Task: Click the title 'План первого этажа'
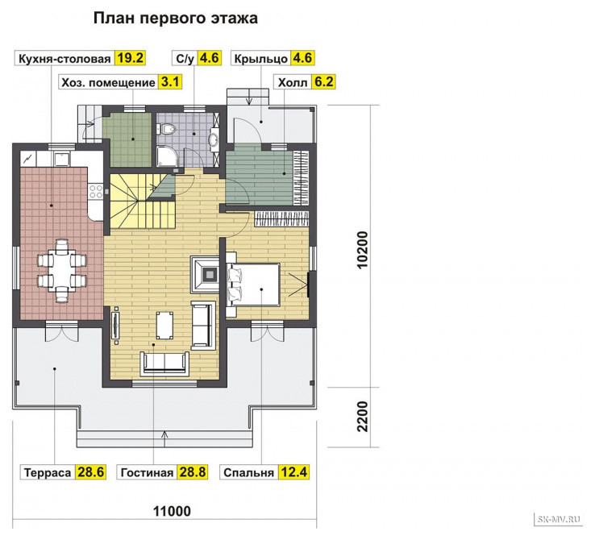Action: click(x=175, y=19)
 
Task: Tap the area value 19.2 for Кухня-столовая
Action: click(x=130, y=58)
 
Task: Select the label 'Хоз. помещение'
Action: click(x=108, y=82)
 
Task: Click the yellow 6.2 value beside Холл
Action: click(x=323, y=82)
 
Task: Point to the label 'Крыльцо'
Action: click(x=260, y=59)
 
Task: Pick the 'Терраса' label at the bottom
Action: click(x=48, y=472)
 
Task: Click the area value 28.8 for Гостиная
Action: click(x=193, y=472)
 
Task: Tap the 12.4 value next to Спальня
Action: click(x=293, y=472)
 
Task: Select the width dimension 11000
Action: click(x=172, y=511)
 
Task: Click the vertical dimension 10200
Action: click(x=363, y=250)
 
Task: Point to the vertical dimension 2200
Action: click(x=363, y=417)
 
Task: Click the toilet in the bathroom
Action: click(x=166, y=129)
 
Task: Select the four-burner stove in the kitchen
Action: click(x=96, y=192)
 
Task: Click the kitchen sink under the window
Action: click(x=61, y=160)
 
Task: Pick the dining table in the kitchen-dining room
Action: click(x=62, y=270)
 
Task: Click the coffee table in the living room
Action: click(x=164, y=325)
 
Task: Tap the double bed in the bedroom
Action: click(x=252, y=285)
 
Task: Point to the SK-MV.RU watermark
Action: click(x=559, y=519)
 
